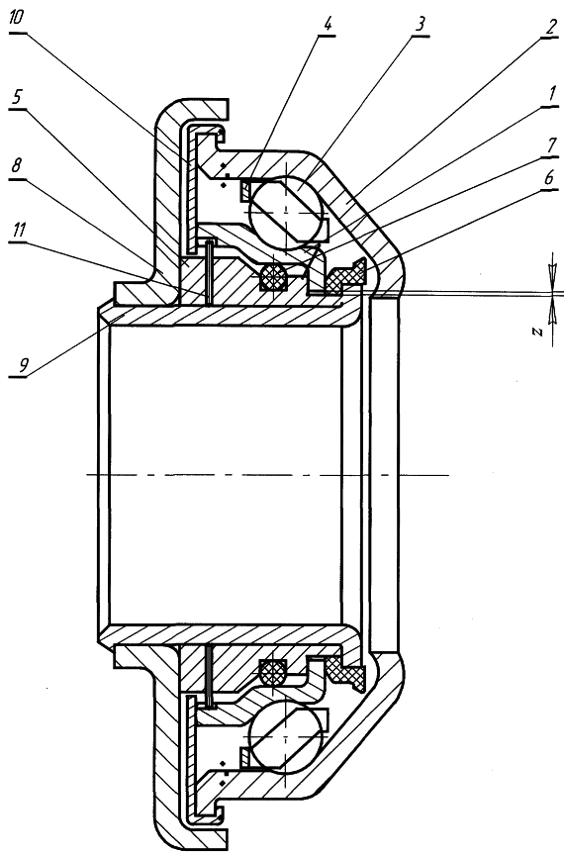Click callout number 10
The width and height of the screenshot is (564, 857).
point(17,19)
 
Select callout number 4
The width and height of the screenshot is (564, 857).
point(328,24)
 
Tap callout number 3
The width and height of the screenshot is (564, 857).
point(420,24)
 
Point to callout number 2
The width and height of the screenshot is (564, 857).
point(550,28)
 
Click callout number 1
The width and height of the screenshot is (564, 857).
point(552,94)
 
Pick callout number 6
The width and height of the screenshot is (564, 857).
point(549,177)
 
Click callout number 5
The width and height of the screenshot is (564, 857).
point(17,96)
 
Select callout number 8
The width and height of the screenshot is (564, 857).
point(17,165)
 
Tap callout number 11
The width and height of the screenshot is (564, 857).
point(18,232)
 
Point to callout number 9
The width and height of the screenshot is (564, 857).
point(22,365)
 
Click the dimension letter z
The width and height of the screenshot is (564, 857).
point(537,332)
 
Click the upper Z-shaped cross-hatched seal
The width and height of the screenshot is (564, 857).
point(345,276)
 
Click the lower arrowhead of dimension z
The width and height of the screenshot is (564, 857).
point(553,311)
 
